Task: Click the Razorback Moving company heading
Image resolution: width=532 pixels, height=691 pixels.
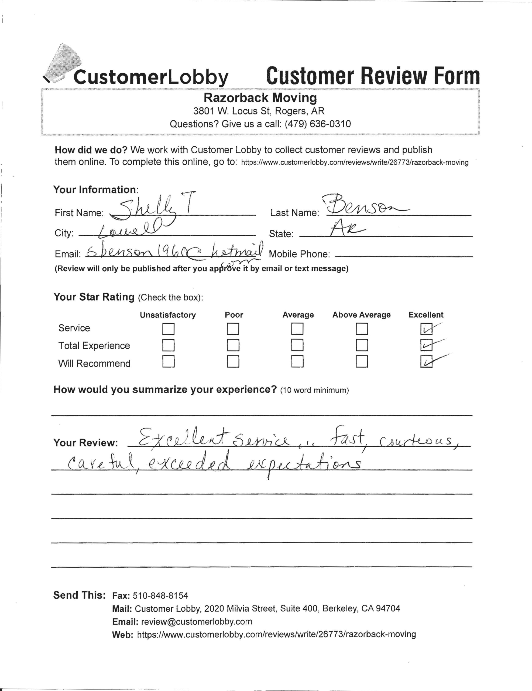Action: coord(260,98)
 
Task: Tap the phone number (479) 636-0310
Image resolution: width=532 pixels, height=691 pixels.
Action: coord(318,124)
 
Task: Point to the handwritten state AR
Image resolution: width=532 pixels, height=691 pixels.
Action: coord(346,228)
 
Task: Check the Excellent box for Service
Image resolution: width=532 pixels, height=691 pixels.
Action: coord(426,329)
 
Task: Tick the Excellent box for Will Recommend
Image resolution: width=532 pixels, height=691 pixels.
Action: coord(426,362)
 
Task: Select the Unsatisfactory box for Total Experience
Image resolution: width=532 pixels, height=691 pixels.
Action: coord(168,345)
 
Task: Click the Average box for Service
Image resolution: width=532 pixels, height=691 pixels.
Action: coord(297,329)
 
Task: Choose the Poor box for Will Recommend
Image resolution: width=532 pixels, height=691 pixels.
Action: coord(233,361)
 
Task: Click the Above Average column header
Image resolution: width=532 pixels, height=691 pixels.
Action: coord(361,315)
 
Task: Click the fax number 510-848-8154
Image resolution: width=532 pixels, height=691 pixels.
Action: coord(160,596)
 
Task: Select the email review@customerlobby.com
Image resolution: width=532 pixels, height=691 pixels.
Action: coord(196,621)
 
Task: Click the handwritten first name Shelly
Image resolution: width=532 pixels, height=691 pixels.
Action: coord(145,209)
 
